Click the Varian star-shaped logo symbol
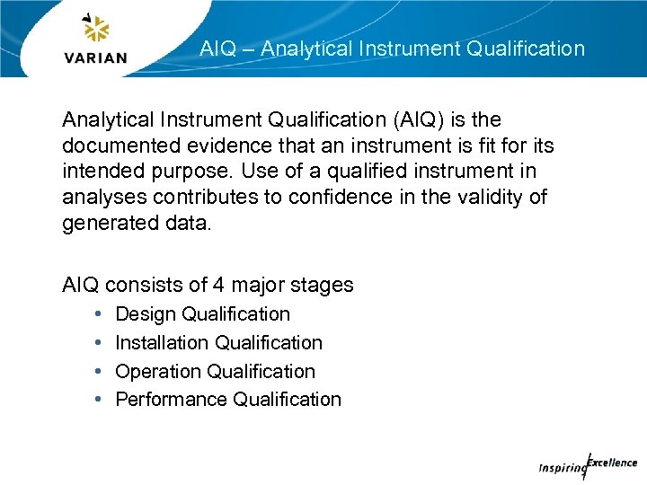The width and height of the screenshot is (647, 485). (95, 29)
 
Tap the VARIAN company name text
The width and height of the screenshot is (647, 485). (96, 58)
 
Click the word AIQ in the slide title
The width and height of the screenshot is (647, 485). (217, 48)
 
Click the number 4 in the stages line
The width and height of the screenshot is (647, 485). (218, 286)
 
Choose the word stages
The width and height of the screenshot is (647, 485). (323, 286)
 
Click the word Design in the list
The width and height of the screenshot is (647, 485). (146, 314)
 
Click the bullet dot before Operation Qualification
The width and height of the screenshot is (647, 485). (95, 372)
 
